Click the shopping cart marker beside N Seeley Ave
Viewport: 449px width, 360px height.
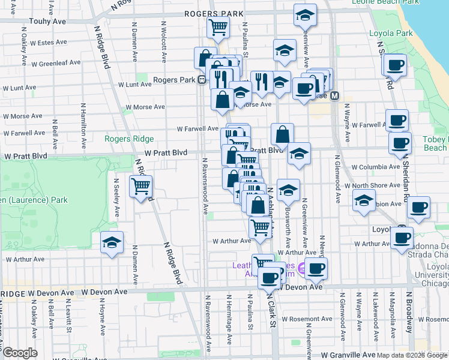coord(140,186)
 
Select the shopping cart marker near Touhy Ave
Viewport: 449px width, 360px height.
coord(217,26)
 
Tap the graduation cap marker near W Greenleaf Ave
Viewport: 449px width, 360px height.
coord(285,50)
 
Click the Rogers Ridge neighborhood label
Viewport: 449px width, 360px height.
coord(129,139)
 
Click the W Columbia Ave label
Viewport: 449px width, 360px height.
coord(375,167)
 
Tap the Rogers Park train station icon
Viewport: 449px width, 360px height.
coord(203,80)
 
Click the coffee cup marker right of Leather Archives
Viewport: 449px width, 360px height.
coord(316,268)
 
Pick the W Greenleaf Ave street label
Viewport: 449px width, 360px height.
coord(56,62)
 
